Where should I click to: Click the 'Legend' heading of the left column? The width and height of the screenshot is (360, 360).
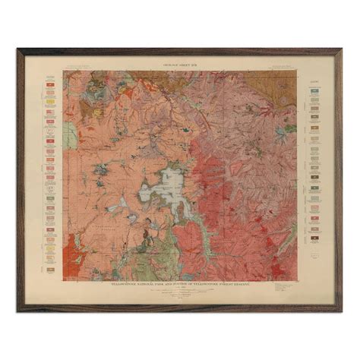pyautogui.click(x=51, y=77)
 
